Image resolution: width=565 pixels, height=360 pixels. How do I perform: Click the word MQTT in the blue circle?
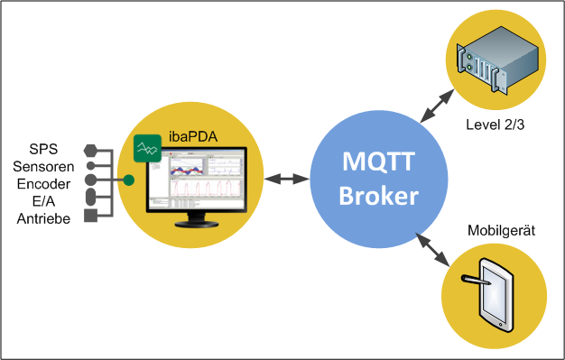point(378,162)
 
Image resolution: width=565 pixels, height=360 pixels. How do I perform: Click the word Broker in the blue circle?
point(379,196)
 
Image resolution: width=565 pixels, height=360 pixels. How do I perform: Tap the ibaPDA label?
point(193,137)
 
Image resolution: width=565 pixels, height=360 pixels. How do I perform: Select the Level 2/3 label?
point(496,125)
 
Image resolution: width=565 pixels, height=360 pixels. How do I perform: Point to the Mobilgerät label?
point(501,231)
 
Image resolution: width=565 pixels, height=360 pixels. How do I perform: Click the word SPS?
point(43,149)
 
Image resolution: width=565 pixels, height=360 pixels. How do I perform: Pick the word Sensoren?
point(43,167)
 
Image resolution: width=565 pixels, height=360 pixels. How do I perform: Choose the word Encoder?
point(43,184)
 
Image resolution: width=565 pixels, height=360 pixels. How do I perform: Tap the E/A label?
point(43,201)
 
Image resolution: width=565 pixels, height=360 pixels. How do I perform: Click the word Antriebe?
point(43,218)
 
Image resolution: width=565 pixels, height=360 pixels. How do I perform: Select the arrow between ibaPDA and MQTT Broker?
point(287,179)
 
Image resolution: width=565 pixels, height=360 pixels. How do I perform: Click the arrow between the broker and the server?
point(437,106)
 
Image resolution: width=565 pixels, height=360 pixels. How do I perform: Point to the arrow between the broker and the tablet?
point(432,249)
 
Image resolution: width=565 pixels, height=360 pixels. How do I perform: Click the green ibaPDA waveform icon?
point(147,148)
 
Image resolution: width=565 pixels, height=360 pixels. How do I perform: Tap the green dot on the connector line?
point(129,180)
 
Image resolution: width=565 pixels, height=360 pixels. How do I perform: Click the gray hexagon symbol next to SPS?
point(91,151)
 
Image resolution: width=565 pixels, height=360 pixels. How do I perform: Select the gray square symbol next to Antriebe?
point(91,216)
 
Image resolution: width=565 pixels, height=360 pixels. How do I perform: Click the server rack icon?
point(497,60)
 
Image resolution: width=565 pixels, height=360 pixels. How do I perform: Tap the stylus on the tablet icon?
point(476,280)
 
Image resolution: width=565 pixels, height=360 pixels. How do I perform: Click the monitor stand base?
point(197,224)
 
